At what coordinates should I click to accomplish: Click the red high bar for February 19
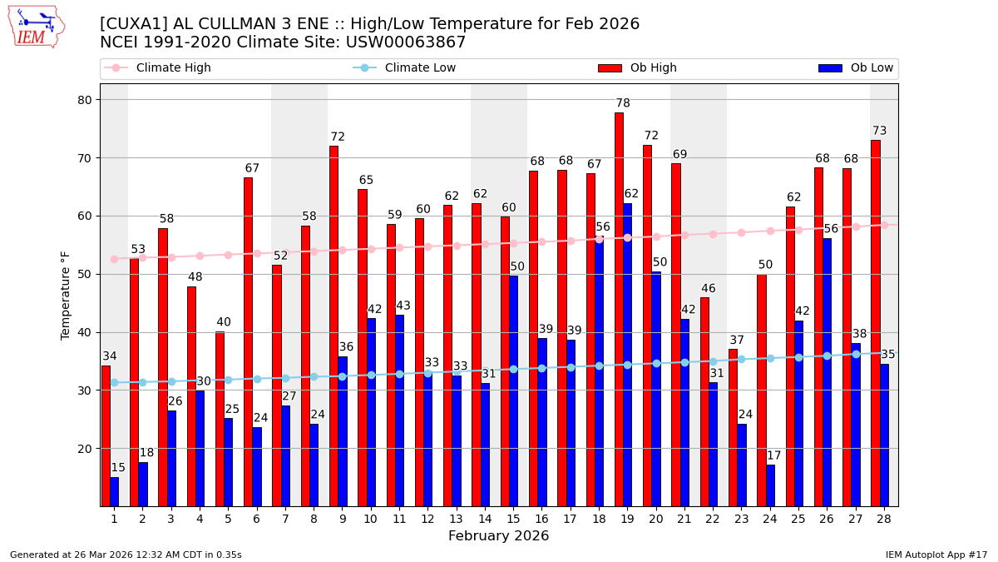point(619,309)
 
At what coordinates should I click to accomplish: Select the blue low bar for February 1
point(114,491)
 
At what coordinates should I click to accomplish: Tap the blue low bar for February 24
point(770,485)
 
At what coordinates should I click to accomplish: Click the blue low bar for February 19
point(627,355)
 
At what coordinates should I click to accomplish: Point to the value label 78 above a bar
point(623,104)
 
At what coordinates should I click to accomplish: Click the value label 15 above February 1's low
point(118,468)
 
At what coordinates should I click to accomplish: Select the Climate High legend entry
point(158,68)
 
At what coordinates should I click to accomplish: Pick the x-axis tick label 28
point(883,519)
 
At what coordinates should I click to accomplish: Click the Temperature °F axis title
point(66,295)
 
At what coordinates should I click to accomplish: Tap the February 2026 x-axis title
point(498,536)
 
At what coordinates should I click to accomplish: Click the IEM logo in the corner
point(36,27)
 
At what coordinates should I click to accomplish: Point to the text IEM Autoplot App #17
point(936,555)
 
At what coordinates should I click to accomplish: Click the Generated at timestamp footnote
point(126,555)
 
